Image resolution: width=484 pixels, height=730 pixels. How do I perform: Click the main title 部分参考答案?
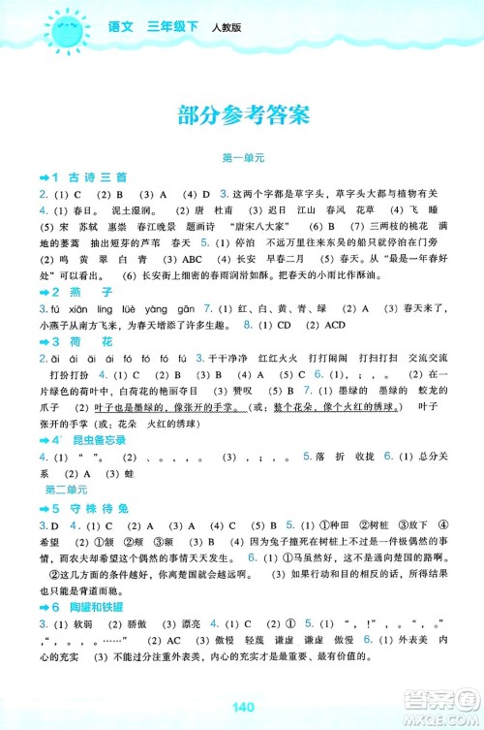pos(242,115)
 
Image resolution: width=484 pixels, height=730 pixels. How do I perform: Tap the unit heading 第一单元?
pos(242,157)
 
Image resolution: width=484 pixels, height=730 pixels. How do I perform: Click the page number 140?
pos(242,706)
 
